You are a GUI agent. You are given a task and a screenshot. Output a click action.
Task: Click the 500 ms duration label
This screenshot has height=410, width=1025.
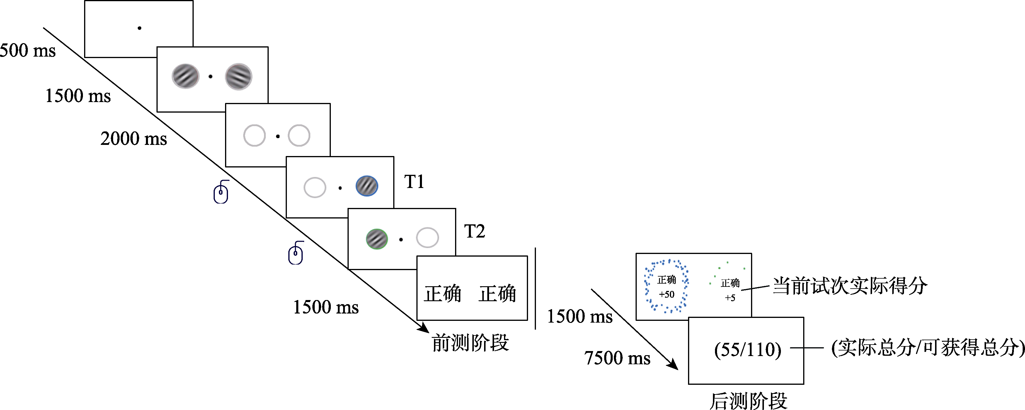(28, 50)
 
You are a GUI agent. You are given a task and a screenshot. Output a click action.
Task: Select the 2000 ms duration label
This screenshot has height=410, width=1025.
(134, 138)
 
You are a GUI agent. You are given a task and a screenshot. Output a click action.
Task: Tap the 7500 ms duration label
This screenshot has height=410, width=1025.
(617, 358)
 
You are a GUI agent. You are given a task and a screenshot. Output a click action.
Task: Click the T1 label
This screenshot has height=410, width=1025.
(414, 182)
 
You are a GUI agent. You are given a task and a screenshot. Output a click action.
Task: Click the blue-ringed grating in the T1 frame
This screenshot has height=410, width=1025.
(367, 186)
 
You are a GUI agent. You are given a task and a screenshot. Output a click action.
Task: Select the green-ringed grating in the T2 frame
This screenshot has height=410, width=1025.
(377, 239)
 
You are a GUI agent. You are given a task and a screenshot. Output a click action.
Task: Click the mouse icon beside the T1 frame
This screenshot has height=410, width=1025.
(221, 192)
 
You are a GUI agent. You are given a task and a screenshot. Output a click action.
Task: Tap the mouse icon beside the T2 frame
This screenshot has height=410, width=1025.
(296, 253)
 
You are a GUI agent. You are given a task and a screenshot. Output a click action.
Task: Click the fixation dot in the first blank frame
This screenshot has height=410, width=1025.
(139, 28)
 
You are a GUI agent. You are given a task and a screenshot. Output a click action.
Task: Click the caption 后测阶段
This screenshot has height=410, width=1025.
(748, 400)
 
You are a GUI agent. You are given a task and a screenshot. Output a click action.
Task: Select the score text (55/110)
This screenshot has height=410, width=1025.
(748, 350)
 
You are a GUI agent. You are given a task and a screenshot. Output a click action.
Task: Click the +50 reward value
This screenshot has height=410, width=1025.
(667, 294)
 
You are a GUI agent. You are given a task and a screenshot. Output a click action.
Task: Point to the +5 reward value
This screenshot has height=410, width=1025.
(730, 298)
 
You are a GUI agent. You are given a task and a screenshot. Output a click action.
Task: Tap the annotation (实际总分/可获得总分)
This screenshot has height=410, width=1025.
(927, 348)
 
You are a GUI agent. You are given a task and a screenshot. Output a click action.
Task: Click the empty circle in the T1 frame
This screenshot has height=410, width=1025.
(315, 187)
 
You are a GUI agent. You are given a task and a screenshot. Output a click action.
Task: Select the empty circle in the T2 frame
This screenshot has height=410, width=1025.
(427, 238)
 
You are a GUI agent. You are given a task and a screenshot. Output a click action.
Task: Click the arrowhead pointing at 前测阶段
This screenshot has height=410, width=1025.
(425, 328)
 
